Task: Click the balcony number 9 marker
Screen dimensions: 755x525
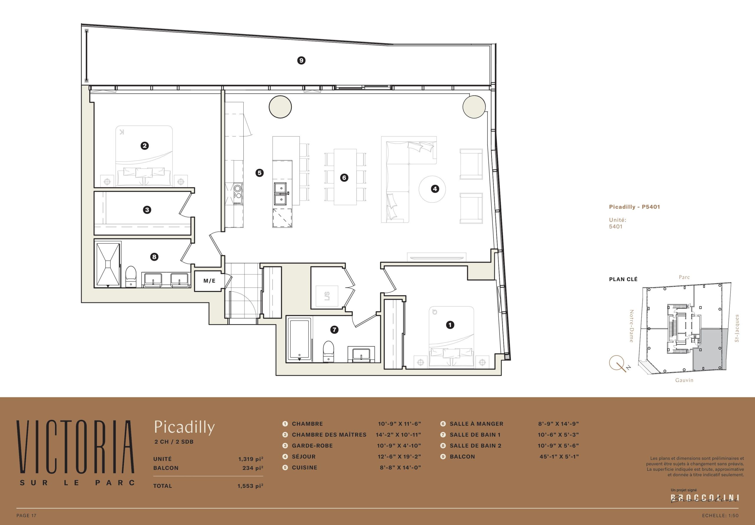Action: tap(301, 60)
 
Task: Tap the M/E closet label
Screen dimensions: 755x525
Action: tap(209, 281)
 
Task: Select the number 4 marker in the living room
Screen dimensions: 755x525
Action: tap(435, 189)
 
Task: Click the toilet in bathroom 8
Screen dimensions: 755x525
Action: tap(131, 277)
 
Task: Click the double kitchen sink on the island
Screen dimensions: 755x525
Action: tap(280, 194)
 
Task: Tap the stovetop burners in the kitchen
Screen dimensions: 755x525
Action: tap(237, 194)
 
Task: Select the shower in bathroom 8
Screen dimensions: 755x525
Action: tap(108, 265)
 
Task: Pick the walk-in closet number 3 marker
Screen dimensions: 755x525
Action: tap(147, 210)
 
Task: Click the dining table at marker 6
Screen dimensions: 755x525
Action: tap(345, 177)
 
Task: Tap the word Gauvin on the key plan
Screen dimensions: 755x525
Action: tap(684, 380)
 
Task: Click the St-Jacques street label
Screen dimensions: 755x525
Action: tap(737, 328)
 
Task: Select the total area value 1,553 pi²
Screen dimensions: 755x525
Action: tap(250, 486)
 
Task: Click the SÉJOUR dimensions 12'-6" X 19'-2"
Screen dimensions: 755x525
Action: tap(399, 457)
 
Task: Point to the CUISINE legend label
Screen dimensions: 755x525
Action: tap(304, 468)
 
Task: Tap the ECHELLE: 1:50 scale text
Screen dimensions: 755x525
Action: tap(720, 516)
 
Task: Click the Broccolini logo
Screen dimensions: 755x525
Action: tap(705, 498)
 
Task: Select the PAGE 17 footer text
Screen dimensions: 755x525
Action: tap(26, 516)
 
